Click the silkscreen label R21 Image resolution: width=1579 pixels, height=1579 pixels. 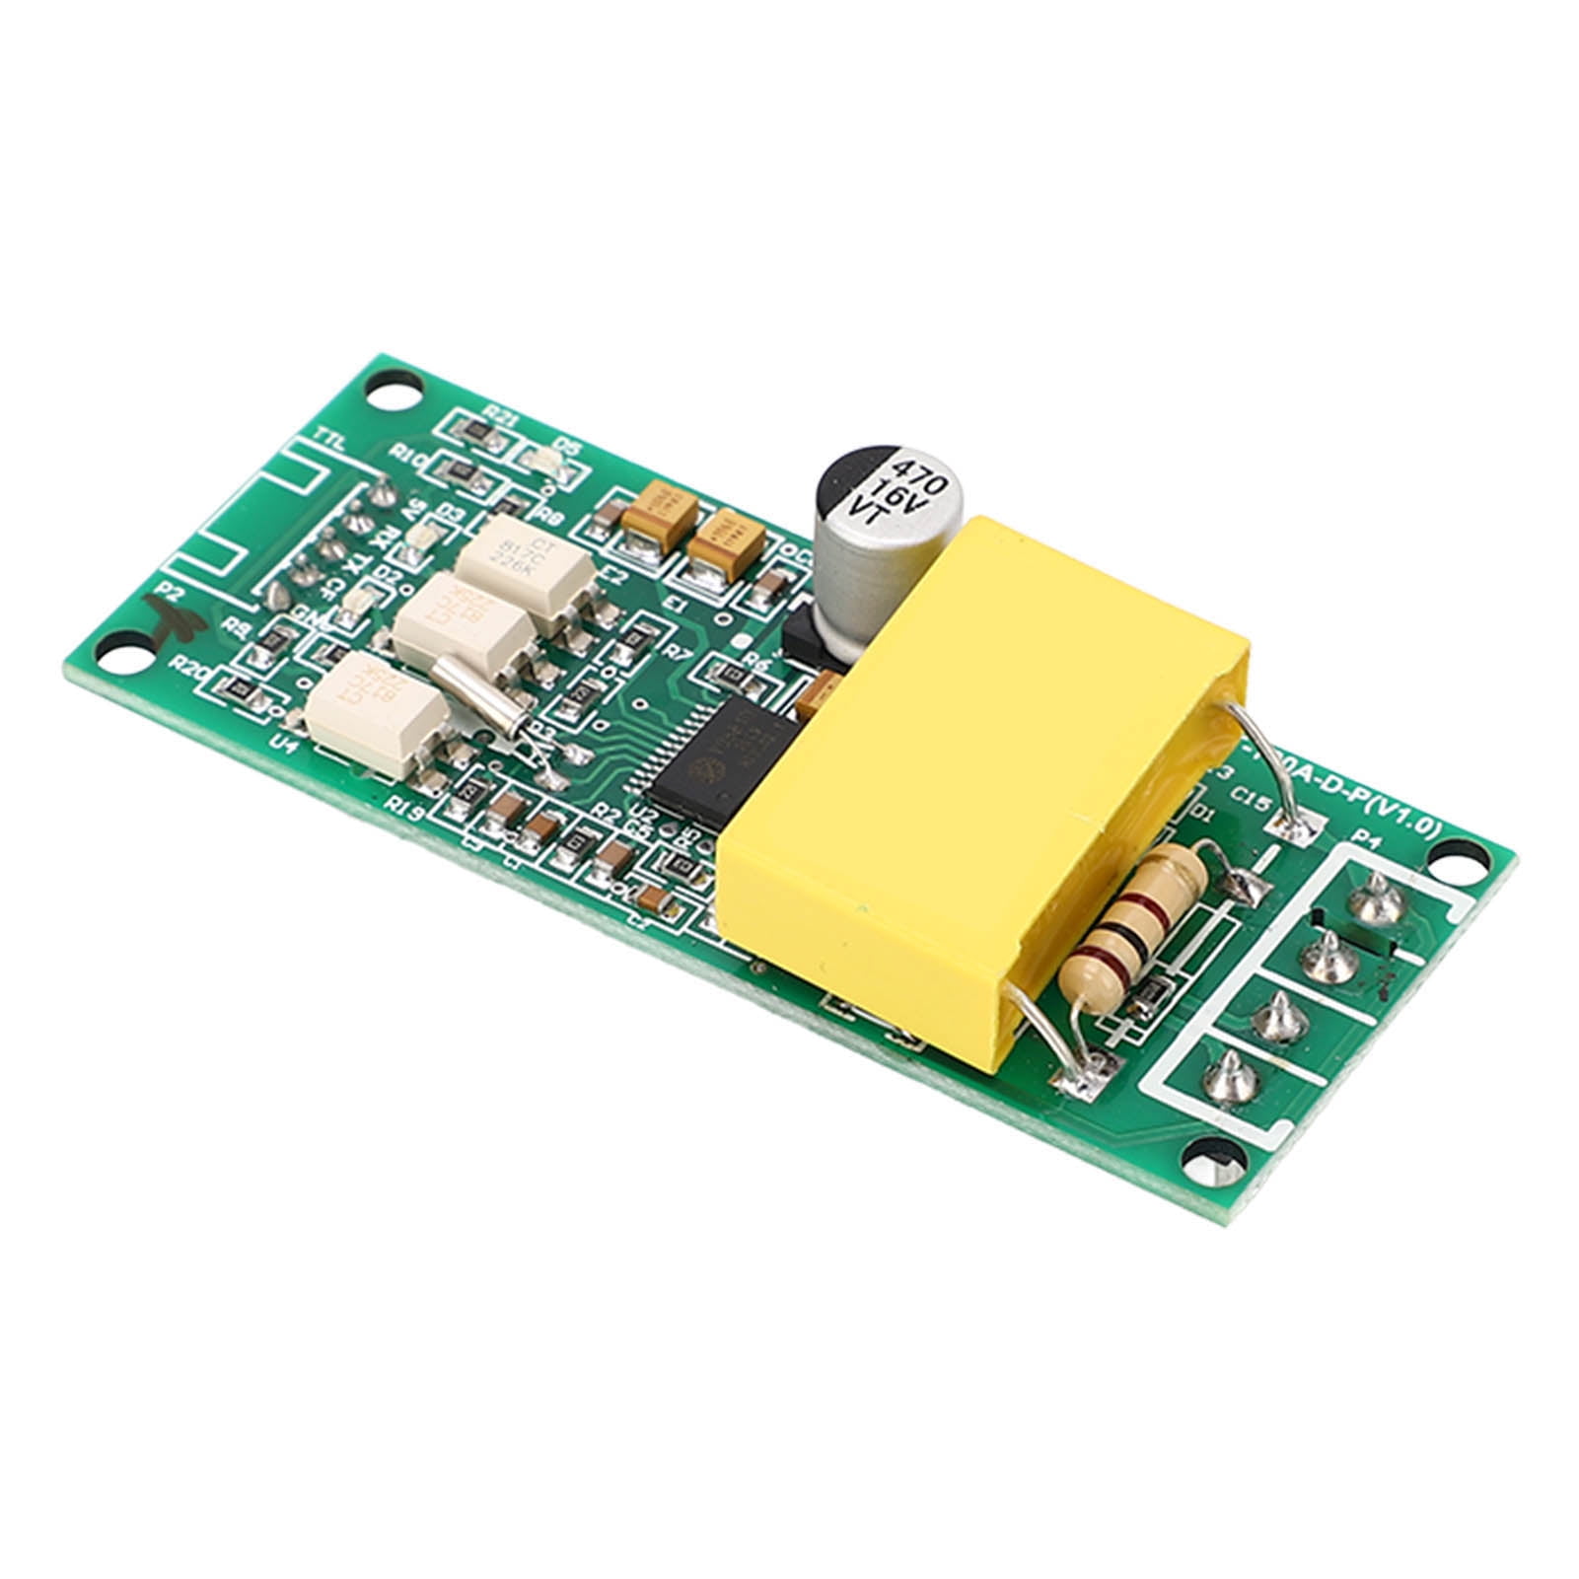(503, 419)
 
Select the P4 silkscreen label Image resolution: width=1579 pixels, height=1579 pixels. (1366, 840)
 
